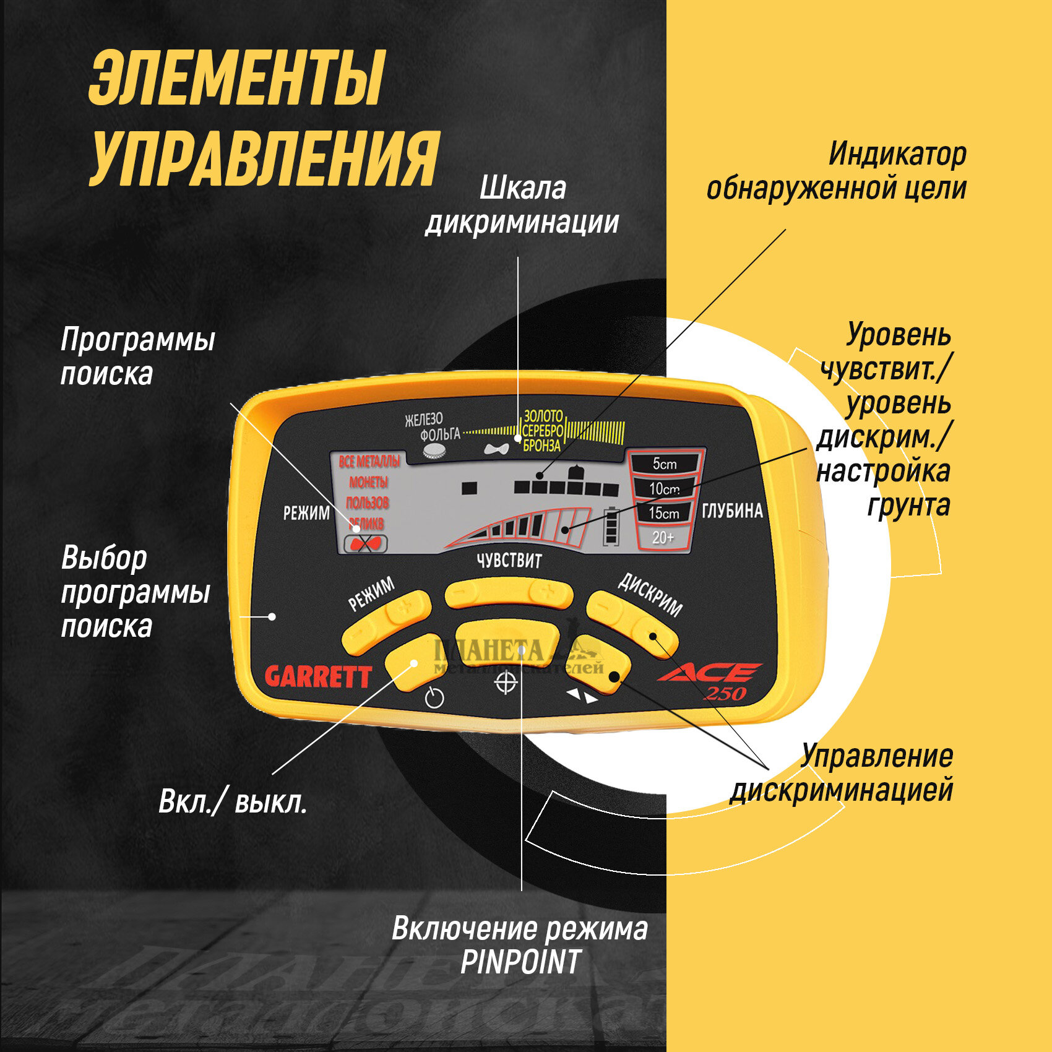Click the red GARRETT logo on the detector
click(318, 677)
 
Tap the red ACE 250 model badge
click(712, 681)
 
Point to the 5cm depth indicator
click(665, 463)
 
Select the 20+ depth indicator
click(663, 537)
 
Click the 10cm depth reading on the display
click(664, 488)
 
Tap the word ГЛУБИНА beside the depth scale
click(732, 511)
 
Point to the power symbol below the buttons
click(434, 697)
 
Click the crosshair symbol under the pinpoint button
click(506, 683)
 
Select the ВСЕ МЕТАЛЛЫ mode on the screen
click(369, 461)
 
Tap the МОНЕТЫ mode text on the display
click(369, 482)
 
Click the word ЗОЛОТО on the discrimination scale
click(543, 416)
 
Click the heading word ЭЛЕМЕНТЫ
click(237, 79)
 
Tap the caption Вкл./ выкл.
click(233, 803)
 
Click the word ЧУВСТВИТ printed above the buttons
click(509, 561)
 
